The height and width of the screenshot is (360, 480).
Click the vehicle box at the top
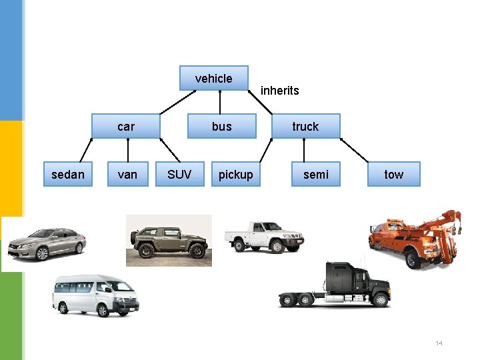pos(214,78)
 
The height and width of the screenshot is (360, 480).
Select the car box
pos(126,126)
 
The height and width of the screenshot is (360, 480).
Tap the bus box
pos(222,126)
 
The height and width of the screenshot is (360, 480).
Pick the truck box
pos(305,126)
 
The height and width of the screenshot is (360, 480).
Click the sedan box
pos(68,174)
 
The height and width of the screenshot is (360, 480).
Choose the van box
pos(127,174)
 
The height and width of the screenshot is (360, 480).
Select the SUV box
pos(179,174)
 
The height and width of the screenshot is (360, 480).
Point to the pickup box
pos(236,174)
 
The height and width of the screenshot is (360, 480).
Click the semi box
pos(316,174)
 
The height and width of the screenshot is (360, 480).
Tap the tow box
pos(394,174)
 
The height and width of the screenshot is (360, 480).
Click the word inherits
pos(280,91)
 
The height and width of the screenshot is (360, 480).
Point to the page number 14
pos(439,343)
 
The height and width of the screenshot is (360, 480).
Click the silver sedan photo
pos(46,243)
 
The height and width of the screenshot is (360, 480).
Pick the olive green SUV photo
pos(169,241)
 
